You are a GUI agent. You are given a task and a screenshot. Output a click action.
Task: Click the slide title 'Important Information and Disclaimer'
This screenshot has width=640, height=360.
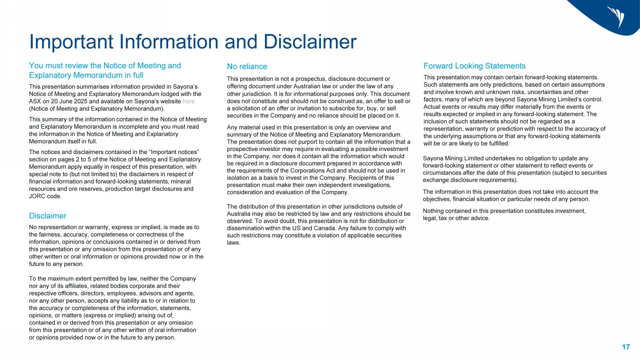coord(192,42)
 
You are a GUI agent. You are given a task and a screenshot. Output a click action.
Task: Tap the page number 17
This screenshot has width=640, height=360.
coord(625,347)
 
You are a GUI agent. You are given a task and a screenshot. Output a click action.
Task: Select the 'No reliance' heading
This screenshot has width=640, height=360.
coord(247,67)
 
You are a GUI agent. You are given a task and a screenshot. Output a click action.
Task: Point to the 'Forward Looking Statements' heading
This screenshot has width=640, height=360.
coord(474,66)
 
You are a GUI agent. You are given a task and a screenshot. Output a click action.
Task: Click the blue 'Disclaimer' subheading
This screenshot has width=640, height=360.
coord(48,216)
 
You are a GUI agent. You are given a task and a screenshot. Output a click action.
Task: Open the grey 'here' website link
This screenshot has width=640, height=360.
coord(189,102)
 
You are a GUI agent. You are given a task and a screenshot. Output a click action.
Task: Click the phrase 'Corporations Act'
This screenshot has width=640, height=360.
coord(310,171)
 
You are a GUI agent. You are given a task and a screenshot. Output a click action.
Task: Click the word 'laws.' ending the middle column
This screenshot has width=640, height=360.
coord(234,243)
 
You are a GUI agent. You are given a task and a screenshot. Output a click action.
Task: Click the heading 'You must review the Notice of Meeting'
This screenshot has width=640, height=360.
coord(105,66)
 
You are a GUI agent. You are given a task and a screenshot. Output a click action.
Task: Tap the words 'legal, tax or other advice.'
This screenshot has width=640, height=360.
coord(456,218)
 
